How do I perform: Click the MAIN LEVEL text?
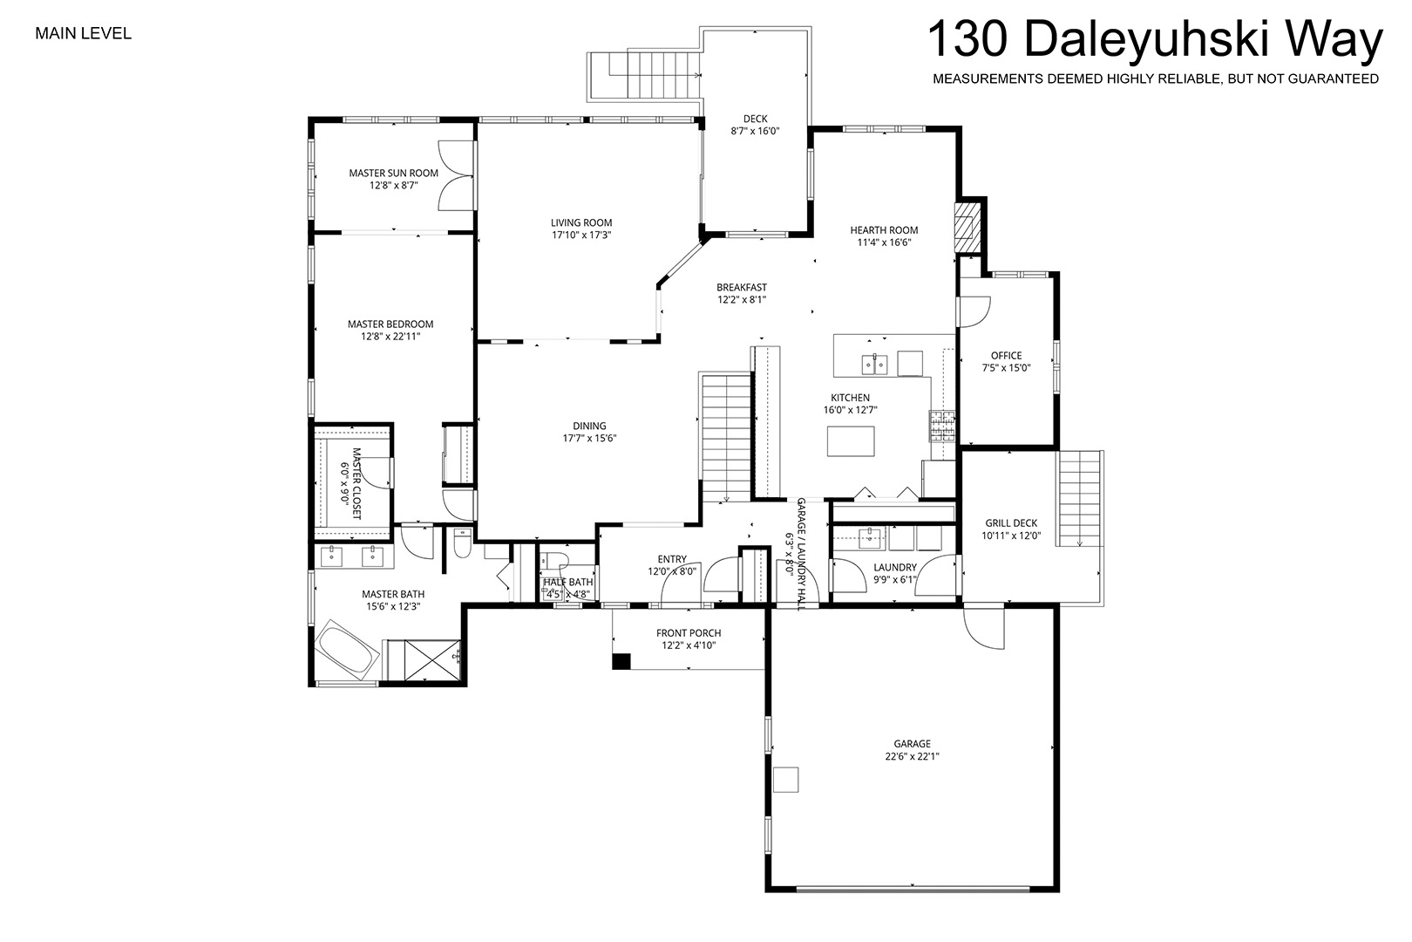coord(83,33)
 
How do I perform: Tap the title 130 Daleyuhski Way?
coord(1155,39)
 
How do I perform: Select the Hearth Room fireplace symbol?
coord(967,227)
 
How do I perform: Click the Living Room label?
coord(581,222)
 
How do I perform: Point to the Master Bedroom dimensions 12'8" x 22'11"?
coord(390,337)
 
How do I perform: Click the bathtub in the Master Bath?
coord(346,649)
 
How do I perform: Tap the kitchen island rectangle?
coord(851,441)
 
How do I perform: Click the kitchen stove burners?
coord(941,426)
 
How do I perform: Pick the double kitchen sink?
coord(874,364)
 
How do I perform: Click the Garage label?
coord(912,744)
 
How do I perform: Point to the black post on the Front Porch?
coord(621,660)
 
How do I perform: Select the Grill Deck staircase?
coord(1080,498)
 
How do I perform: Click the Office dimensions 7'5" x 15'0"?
coord(1006,368)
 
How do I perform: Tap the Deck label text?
coord(755,119)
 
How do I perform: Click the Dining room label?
coord(589,426)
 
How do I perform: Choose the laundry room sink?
coord(870,538)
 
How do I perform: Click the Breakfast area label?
coord(742,288)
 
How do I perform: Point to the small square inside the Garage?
coord(786,779)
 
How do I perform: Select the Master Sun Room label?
coord(394,173)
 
